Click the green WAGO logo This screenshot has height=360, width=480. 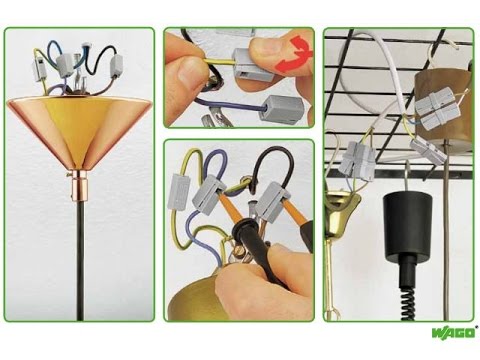(x=454, y=333)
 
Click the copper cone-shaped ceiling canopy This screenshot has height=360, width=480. (x=79, y=131)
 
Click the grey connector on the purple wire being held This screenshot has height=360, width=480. (x=281, y=110)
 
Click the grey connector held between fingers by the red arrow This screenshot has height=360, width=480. (x=252, y=64)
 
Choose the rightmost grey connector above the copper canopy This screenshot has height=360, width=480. (x=116, y=67)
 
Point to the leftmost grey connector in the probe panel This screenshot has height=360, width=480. (x=180, y=193)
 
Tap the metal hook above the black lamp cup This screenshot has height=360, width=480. (x=407, y=175)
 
